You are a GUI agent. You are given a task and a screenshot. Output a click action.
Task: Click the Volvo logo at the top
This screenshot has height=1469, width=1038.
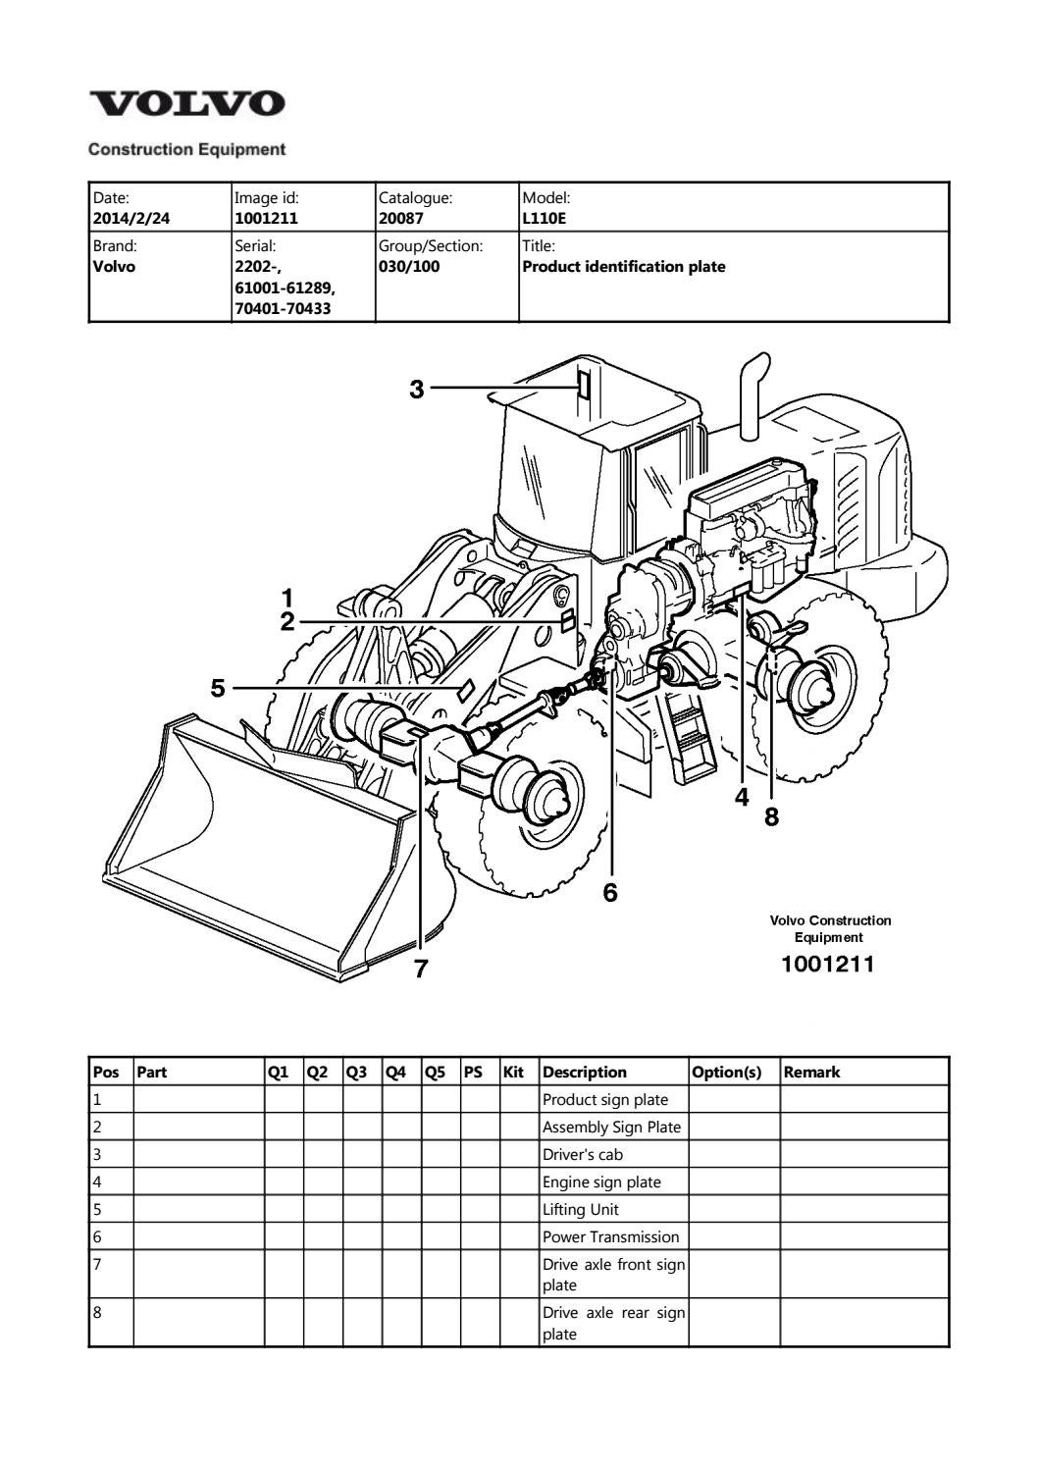click(x=186, y=104)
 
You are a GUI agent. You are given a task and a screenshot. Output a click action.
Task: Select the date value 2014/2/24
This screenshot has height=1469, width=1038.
click(x=130, y=218)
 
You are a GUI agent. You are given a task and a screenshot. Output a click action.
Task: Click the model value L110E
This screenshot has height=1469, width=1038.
click(x=545, y=218)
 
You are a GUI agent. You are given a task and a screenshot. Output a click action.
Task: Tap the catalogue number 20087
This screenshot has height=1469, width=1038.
click(x=400, y=218)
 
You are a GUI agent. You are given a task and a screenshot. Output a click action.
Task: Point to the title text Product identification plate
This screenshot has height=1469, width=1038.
click(x=624, y=267)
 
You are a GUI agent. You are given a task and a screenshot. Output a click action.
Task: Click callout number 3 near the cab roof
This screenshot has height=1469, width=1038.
click(x=417, y=390)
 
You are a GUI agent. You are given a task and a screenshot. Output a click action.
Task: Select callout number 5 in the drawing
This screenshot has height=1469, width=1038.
click(x=218, y=688)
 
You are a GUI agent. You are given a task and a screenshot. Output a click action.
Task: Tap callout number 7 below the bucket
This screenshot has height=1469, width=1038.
click(x=421, y=969)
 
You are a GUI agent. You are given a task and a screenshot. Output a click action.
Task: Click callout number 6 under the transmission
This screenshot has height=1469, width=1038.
click(x=610, y=892)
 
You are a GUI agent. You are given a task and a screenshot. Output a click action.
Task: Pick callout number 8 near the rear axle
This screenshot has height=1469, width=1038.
click(x=772, y=816)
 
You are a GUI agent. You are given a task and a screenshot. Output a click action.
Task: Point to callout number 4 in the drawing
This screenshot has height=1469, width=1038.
click(x=742, y=798)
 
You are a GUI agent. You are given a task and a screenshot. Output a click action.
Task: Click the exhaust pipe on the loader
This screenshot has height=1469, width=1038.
click(x=753, y=396)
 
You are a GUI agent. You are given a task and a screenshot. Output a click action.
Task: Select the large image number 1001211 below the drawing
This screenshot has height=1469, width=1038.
click(x=827, y=965)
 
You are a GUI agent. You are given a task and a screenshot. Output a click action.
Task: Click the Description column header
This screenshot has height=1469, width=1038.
click(x=585, y=1073)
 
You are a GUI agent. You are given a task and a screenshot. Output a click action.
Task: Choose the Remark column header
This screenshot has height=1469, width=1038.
click(x=811, y=1073)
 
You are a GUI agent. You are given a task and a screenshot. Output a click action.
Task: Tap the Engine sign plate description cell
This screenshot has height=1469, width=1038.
click(x=602, y=1182)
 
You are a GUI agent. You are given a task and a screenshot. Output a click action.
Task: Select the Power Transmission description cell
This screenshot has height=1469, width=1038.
click(x=610, y=1237)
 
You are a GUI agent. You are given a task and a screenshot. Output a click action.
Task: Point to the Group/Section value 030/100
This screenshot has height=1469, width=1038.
click(x=409, y=267)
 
